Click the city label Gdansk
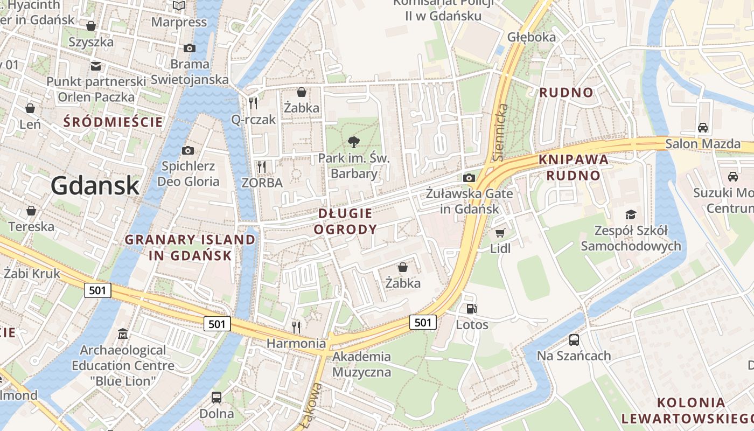click(95, 186)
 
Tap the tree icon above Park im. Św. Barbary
click(354, 142)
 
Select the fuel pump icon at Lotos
click(472, 309)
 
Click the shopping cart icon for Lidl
click(500, 233)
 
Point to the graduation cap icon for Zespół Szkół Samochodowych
click(631, 214)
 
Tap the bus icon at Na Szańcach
click(574, 340)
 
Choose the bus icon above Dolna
click(217, 398)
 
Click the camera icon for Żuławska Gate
click(469, 178)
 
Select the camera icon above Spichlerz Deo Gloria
click(188, 150)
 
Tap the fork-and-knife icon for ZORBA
click(262, 166)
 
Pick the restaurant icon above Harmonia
click(296, 327)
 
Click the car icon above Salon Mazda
click(703, 128)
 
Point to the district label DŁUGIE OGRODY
click(345, 221)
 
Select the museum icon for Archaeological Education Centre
click(123, 334)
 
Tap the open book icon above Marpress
click(179, 6)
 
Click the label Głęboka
click(532, 37)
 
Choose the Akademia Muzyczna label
click(361, 364)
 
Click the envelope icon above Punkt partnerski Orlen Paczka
click(96, 66)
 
